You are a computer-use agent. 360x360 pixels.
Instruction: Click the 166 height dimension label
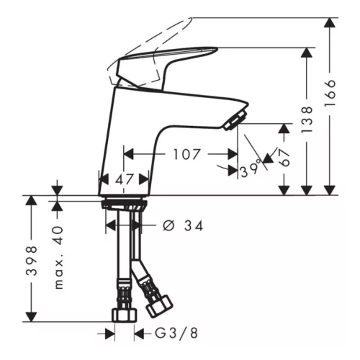click(330, 93)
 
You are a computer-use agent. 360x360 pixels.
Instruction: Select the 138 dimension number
click(307, 120)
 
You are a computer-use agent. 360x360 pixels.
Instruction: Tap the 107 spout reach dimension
click(186, 154)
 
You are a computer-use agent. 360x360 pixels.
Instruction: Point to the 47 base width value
click(124, 179)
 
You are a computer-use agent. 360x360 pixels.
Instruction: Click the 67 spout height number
click(284, 158)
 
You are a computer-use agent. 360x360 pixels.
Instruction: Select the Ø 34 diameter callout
click(183, 226)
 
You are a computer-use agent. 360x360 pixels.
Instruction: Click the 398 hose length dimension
click(32, 260)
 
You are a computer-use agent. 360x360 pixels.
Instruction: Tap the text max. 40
click(58, 257)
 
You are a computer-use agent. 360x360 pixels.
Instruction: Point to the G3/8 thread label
click(176, 333)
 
